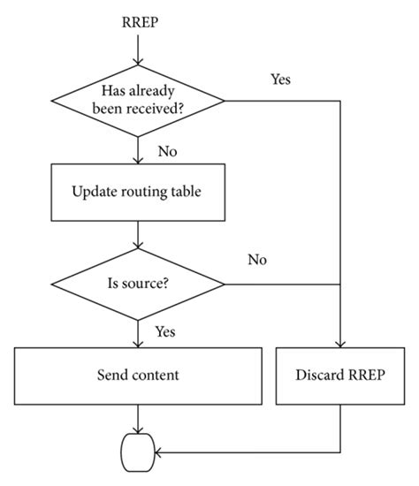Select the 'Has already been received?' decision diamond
[138, 101]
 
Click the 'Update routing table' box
[138, 192]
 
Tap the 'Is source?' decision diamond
[138, 285]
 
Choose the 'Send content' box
[138, 375]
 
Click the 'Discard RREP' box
[341, 375]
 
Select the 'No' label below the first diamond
[168, 151]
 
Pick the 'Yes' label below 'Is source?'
[165, 331]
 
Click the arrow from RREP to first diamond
[138, 55]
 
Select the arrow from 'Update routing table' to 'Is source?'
[138, 237]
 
